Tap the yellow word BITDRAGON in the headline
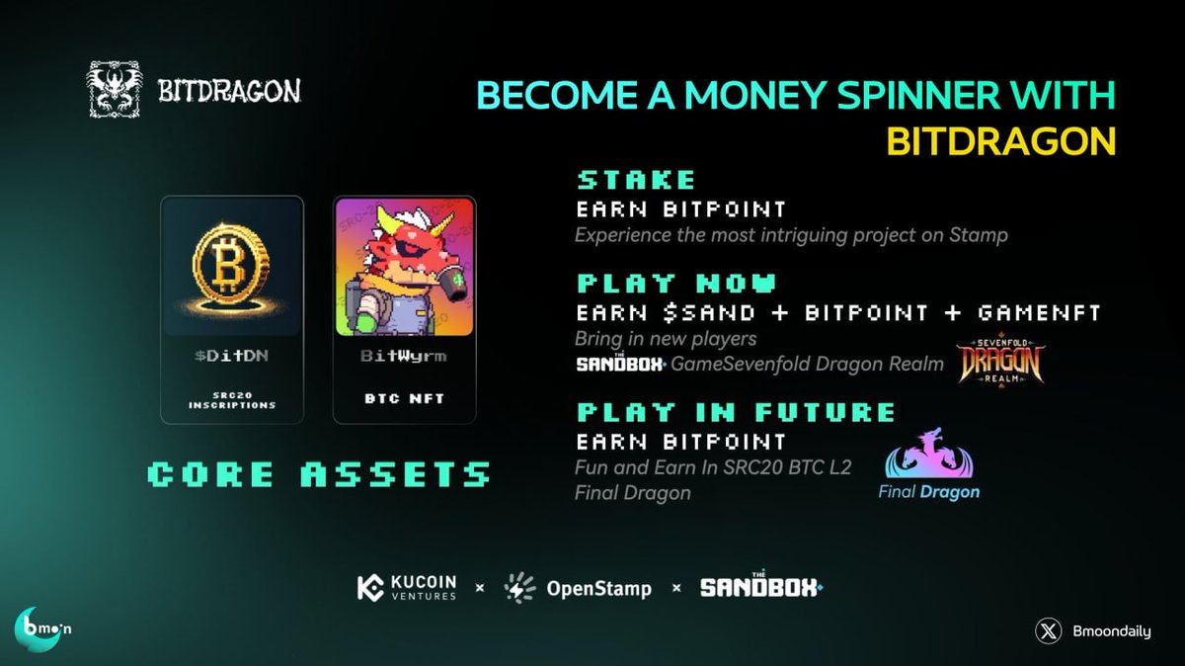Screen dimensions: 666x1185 [x=1000, y=141]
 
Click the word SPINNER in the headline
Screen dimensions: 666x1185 [x=886, y=96]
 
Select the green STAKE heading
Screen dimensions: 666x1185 [x=636, y=180]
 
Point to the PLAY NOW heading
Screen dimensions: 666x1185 [x=676, y=284]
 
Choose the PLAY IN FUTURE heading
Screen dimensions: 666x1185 [x=736, y=411]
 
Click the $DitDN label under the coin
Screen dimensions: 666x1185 [x=232, y=356]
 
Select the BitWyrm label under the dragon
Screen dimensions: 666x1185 [x=404, y=356]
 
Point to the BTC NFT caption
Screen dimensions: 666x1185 [x=404, y=399]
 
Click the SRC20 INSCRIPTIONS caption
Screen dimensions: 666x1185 [x=232, y=399]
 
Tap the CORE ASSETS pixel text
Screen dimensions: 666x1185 [x=317, y=474]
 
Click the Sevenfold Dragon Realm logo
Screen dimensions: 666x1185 [x=1000, y=362]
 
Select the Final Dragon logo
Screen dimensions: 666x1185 [x=929, y=464]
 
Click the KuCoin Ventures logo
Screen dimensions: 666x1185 [x=407, y=588]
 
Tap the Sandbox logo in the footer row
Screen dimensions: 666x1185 [x=760, y=587]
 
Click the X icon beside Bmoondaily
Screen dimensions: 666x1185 [x=1049, y=631]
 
